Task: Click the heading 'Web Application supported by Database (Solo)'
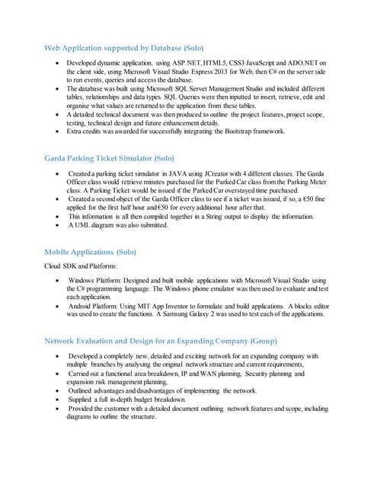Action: point(123,49)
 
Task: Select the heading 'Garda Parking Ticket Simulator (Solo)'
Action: point(110,158)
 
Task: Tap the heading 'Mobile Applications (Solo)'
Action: point(91,251)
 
